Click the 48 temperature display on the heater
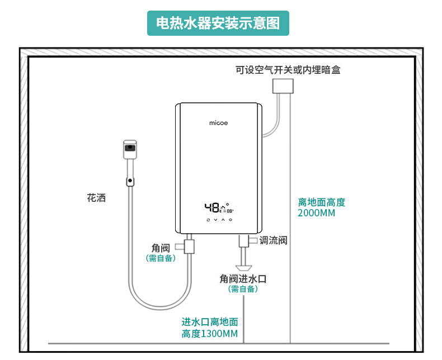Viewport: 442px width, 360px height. [x=213, y=208]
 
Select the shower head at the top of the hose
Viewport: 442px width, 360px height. [x=130, y=149]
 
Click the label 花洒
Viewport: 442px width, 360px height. [x=96, y=198]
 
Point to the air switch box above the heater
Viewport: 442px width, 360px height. [x=283, y=86]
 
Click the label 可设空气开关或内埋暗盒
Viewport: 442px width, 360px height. [x=288, y=70]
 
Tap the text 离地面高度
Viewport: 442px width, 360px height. [x=322, y=202]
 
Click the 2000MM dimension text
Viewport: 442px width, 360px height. [x=317, y=213]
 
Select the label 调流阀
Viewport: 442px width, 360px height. [x=274, y=240]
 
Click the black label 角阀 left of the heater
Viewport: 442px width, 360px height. [x=160, y=248]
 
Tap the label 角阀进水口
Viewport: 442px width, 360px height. [x=243, y=278]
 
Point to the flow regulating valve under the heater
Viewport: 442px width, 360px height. [x=244, y=241]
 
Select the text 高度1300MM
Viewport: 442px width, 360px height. [x=210, y=334]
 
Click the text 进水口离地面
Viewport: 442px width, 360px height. [x=210, y=323]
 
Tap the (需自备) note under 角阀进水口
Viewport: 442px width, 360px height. [x=243, y=289]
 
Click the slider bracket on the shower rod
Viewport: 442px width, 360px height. [x=130, y=181]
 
